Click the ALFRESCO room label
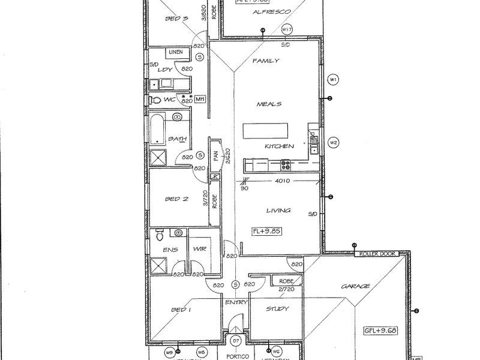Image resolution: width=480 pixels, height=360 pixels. [x=272, y=12]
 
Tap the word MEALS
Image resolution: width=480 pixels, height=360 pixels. [x=269, y=104]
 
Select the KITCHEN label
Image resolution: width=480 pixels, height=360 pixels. [x=280, y=146]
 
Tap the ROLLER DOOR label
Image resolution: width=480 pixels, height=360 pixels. [x=376, y=254]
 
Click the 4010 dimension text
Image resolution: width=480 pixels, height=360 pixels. [x=283, y=180]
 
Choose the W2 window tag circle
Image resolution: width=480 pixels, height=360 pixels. [x=334, y=142]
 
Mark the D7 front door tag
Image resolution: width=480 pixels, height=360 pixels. [x=235, y=341]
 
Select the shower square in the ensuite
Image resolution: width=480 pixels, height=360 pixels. [x=158, y=263]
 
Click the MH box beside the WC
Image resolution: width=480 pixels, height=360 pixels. [x=200, y=100]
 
